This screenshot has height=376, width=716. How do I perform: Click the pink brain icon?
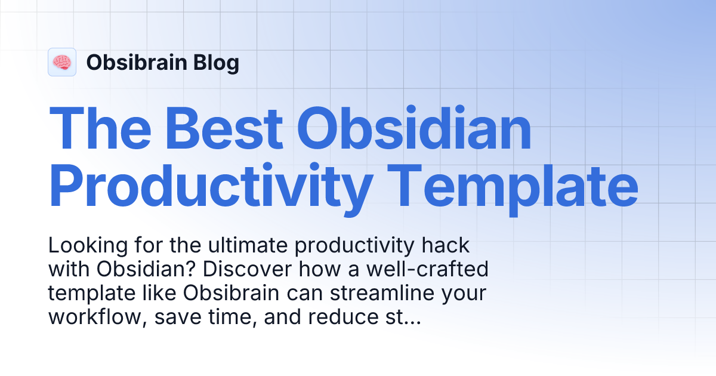(x=62, y=62)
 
